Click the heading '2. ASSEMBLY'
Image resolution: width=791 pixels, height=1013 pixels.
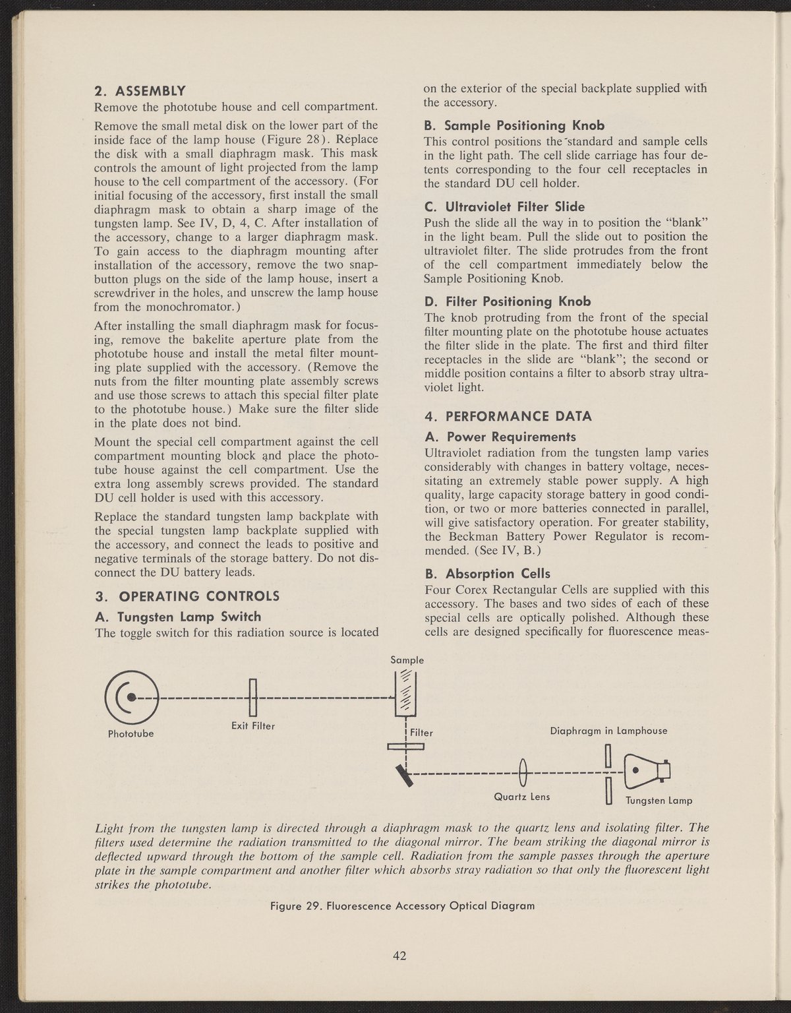click(140, 90)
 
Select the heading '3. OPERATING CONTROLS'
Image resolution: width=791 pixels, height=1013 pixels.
click(187, 597)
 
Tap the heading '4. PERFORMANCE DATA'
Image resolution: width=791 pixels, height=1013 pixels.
click(509, 417)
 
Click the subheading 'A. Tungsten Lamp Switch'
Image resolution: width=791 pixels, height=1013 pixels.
click(178, 617)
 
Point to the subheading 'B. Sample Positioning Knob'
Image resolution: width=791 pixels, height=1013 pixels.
click(514, 125)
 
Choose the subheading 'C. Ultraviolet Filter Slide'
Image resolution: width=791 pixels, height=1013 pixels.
click(504, 206)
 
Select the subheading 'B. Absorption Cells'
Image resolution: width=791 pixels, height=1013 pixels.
click(488, 573)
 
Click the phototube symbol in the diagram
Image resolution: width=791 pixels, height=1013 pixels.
click(131, 696)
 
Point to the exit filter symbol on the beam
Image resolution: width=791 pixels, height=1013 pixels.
click(252, 697)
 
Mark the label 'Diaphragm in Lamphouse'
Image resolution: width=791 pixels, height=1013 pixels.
click(608, 731)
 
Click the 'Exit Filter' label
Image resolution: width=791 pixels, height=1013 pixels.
click(252, 726)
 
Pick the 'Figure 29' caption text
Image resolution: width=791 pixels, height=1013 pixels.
click(403, 906)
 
